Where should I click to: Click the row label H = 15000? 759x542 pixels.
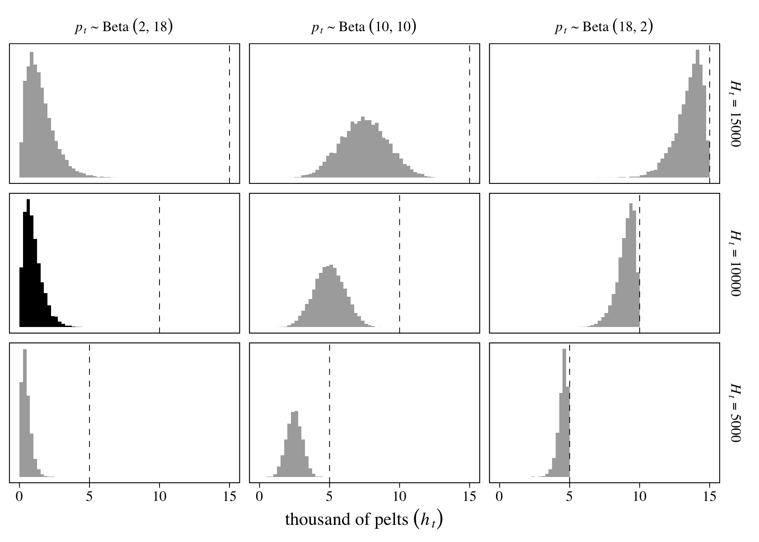(735, 113)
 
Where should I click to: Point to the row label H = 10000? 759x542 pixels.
(735, 263)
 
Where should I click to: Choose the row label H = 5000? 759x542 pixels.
(735, 413)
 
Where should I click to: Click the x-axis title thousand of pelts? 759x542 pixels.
(364, 520)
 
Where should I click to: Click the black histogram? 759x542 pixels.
(34, 289)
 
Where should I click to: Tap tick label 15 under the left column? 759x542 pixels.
(230, 497)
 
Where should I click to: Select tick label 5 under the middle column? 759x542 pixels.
(329, 497)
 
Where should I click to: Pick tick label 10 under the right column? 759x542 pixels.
(639, 497)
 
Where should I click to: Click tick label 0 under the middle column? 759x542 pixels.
(259, 497)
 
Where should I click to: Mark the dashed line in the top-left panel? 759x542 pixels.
(230, 113)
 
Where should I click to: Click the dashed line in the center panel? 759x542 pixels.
(399, 263)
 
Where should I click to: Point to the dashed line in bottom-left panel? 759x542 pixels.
(89, 412)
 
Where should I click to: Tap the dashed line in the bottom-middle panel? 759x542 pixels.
(329, 412)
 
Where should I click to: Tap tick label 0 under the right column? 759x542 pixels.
(499, 497)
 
